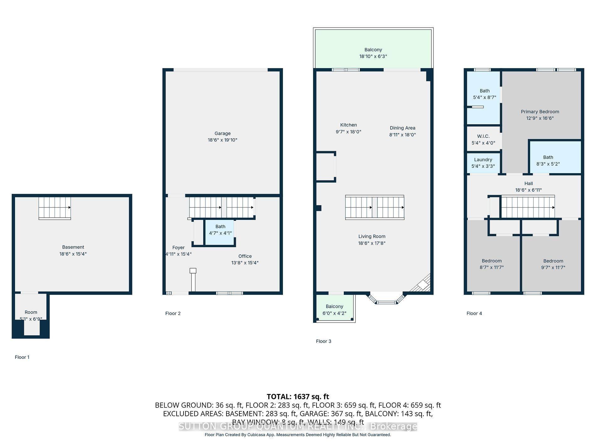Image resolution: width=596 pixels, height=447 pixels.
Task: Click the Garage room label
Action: (x=222, y=133)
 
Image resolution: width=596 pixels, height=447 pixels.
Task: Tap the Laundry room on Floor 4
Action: (x=483, y=162)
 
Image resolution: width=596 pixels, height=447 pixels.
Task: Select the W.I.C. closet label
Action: (x=483, y=136)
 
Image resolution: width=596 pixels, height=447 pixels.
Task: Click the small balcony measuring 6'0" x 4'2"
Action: (x=334, y=309)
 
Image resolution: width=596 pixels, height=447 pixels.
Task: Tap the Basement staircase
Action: (x=55, y=208)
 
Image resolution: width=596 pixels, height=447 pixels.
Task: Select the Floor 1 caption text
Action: (x=22, y=357)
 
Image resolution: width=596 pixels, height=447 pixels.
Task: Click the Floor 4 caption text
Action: (x=474, y=313)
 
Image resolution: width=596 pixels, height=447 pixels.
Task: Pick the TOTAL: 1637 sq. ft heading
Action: (x=298, y=396)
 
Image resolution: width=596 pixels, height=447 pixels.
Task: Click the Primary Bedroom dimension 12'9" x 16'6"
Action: (x=540, y=118)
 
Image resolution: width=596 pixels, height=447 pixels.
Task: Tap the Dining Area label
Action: (x=402, y=128)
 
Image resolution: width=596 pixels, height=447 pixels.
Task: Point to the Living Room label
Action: (x=372, y=237)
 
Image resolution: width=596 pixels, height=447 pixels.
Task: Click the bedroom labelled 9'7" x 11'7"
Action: (x=553, y=264)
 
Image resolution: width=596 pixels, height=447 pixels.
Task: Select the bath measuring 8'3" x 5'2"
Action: (x=548, y=160)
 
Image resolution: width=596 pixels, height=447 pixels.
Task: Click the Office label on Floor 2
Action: (x=245, y=256)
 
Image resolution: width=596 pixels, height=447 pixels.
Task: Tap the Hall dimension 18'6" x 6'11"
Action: (x=528, y=190)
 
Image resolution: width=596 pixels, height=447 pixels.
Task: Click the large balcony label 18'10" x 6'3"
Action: (x=373, y=56)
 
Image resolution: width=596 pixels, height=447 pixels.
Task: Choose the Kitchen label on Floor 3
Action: (x=349, y=125)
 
